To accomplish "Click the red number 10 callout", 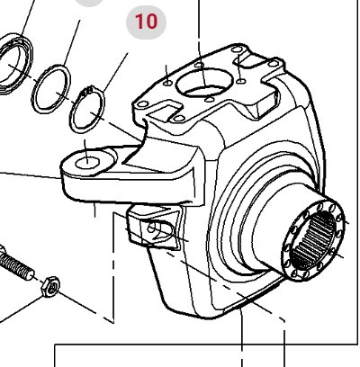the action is tap(146, 22).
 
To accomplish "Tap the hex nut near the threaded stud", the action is tap(50, 287).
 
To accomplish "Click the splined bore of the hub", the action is tap(313, 240).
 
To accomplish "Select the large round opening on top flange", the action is tap(205, 82).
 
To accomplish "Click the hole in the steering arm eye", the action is tap(87, 163).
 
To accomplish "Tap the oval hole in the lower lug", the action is tap(160, 230).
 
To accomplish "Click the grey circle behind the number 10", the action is tap(146, 22).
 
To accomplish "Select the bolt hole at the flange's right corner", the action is tap(274, 64).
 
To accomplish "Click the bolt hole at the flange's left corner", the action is tap(142, 104).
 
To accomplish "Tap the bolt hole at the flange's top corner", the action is tap(238, 49).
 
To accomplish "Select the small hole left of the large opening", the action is tap(167, 83).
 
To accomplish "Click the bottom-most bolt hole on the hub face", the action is tap(296, 273).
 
